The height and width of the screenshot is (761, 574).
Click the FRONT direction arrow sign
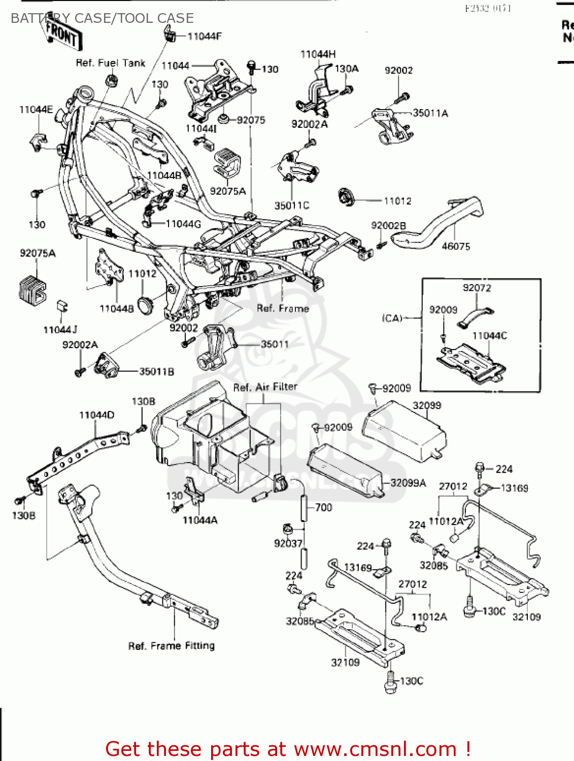(x=62, y=34)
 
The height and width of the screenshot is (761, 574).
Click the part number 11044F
(x=204, y=37)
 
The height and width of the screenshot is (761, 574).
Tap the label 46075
(x=456, y=247)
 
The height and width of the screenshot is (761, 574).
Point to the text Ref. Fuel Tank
(x=110, y=63)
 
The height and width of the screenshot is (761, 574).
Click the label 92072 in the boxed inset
(x=477, y=288)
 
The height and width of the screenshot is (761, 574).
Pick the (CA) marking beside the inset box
(x=392, y=318)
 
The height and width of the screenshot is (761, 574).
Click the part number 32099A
(x=408, y=483)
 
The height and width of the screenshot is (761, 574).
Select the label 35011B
(x=156, y=372)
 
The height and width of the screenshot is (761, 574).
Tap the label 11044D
(x=96, y=415)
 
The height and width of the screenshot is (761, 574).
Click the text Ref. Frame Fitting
(x=171, y=646)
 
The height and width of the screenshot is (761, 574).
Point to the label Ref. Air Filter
(x=265, y=387)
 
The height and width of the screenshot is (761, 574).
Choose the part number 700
(x=323, y=507)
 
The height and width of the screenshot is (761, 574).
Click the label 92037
(x=288, y=543)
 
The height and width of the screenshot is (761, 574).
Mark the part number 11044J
(x=60, y=330)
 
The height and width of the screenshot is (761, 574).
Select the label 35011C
(x=292, y=205)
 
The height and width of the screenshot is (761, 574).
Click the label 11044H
(x=318, y=54)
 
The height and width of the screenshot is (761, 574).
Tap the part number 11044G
(x=183, y=224)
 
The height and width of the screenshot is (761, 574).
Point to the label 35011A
(x=430, y=113)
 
